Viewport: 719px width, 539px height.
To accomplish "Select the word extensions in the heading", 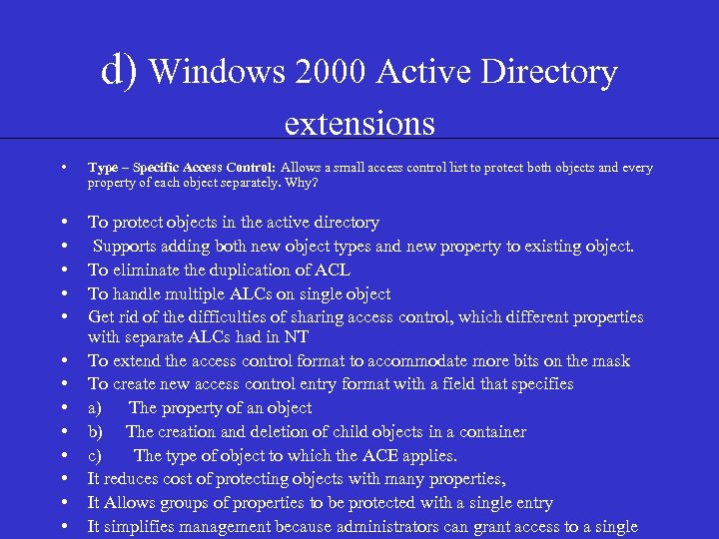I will (x=359, y=123).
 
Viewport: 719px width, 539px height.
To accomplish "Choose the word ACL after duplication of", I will (x=332, y=269).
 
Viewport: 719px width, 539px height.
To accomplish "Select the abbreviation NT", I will (x=297, y=337).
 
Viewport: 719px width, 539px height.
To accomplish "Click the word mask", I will (x=612, y=360).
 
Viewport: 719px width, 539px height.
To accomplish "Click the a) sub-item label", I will (x=95, y=408).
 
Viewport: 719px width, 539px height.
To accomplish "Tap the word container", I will (x=491, y=432).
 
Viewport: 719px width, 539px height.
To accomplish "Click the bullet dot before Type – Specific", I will (x=64, y=168).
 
